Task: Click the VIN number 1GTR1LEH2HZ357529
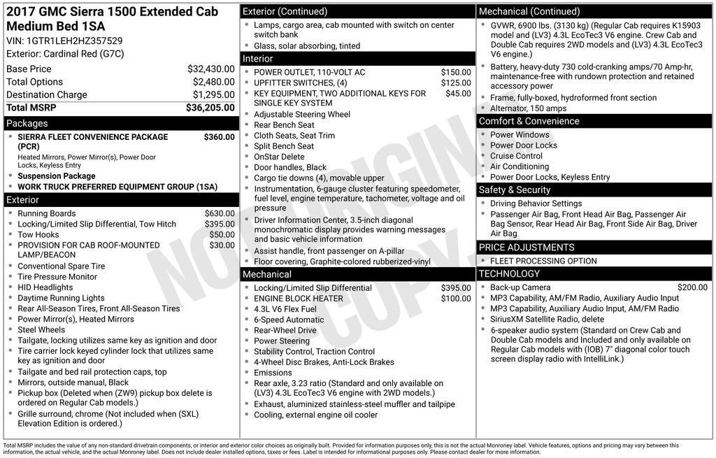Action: point(76,41)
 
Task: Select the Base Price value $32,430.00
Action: point(210,69)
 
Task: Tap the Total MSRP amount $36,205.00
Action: point(210,108)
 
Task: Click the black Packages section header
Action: point(120,124)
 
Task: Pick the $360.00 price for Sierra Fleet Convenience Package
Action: point(219,137)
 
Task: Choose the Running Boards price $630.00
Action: point(220,214)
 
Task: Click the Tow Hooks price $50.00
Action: point(222,235)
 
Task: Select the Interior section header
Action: point(357,59)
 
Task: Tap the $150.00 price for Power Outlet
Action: point(456,73)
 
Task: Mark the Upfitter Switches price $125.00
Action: point(456,83)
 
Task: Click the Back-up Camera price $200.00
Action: point(692,287)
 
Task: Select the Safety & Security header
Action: point(594,190)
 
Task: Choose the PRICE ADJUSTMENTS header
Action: point(594,248)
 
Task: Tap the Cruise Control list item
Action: point(516,157)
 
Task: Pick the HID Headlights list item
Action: point(45,287)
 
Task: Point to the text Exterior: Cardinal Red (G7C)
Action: point(64,54)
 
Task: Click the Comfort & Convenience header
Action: point(594,122)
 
